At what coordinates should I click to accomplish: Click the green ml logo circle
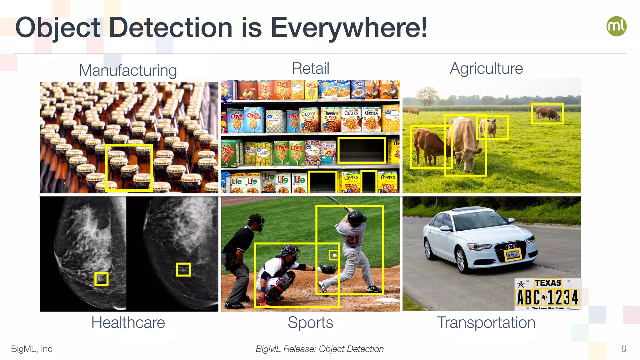coord(616,26)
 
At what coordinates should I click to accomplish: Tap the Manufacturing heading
coord(128,70)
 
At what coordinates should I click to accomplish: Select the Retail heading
coord(310,68)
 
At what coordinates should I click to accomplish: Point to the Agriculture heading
coord(486,68)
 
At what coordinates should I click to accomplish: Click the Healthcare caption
coord(128,322)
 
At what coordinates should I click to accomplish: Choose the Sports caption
coord(310,322)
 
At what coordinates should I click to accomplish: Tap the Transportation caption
coord(486,322)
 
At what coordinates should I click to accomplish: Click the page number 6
coord(623,349)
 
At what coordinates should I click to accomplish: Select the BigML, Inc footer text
coord(32,349)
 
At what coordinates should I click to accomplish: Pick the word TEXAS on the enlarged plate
coord(548,283)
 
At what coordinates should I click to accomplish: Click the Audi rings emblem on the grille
coord(511,246)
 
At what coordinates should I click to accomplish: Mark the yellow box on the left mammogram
coord(101,279)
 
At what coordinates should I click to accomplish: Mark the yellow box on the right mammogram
coord(183,269)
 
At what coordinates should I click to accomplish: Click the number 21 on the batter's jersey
coord(353,240)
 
